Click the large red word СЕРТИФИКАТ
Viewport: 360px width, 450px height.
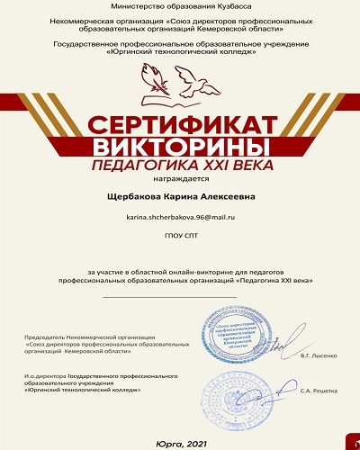click(x=179, y=124)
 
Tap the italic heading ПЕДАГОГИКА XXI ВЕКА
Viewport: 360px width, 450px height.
click(x=179, y=166)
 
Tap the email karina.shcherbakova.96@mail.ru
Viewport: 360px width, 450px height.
click(x=179, y=219)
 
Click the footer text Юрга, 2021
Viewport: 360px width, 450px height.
click(x=179, y=433)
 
